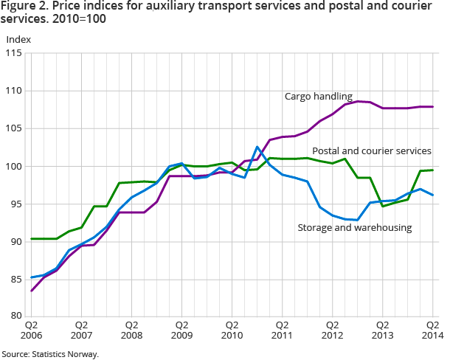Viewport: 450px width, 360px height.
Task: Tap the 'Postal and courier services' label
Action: pos(372,150)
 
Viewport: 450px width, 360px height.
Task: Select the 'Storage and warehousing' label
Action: pos(354,227)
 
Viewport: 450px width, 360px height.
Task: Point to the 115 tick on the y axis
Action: pos(14,53)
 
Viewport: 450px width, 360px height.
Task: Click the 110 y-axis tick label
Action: pos(14,91)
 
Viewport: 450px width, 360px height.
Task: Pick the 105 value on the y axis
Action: pos(14,128)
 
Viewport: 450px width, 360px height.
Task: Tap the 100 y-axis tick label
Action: pos(14,166)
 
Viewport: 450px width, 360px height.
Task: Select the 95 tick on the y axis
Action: pos(16,204)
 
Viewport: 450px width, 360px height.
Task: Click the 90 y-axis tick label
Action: pos(16,241)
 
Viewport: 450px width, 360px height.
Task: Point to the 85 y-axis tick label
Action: pos(16,279)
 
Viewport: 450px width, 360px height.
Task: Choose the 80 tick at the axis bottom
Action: pos(16,316)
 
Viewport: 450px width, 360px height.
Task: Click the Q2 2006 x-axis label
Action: pos(32,329)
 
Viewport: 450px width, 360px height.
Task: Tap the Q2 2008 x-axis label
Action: pos(131,329)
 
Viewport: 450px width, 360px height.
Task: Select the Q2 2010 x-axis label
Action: pos(232,329)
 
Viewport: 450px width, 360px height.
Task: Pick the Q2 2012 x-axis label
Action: pos(332,329)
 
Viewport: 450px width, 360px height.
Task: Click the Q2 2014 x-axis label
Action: pos(432,329)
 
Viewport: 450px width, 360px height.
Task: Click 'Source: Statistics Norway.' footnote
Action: pos(50,354)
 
